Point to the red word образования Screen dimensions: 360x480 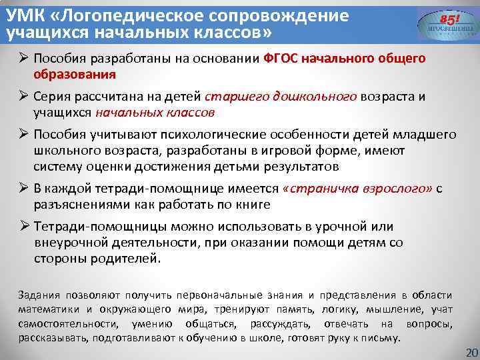(x=75, y=74)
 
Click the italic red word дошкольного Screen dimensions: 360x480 (x=315, y=97)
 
